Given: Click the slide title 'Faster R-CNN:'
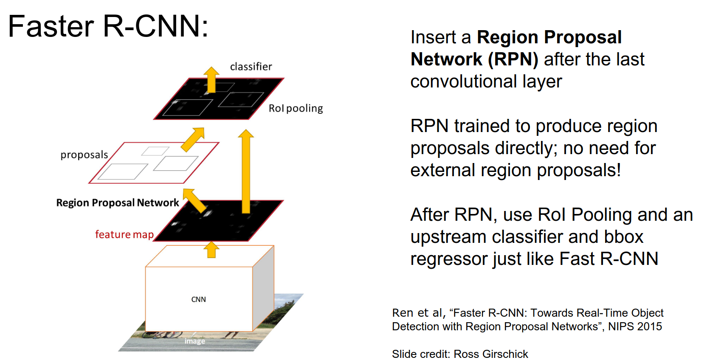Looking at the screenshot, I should pyautogui.click(x=108, y=26).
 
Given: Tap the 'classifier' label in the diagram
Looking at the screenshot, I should pyautogui.click(x=251, y=67).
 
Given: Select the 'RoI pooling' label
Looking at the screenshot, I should pyautogui.click(x=296, y=108).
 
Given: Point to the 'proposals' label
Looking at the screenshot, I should pyautogui.click(x=84, y=155).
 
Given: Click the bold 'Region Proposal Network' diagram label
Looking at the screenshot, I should pyautogui.click(x=118, y=202).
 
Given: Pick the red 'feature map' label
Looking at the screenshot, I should pyautogui.click(x=124, y=234).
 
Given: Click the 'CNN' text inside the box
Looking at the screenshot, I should pyautogui.click(x=198, y=299).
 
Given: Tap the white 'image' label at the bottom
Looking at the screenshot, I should pyautogui.click(x=194, y=341).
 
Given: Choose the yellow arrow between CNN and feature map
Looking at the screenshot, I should pyautogui.click(x=211, y=250).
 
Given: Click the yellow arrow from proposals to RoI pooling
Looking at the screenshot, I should pyautogui.click(x=193, y=139).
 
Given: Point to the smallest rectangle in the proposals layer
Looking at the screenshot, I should pyautogui.click(x=155, y=151).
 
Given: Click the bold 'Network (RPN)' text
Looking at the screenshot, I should pyautogui.click(x=474, y=59).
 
